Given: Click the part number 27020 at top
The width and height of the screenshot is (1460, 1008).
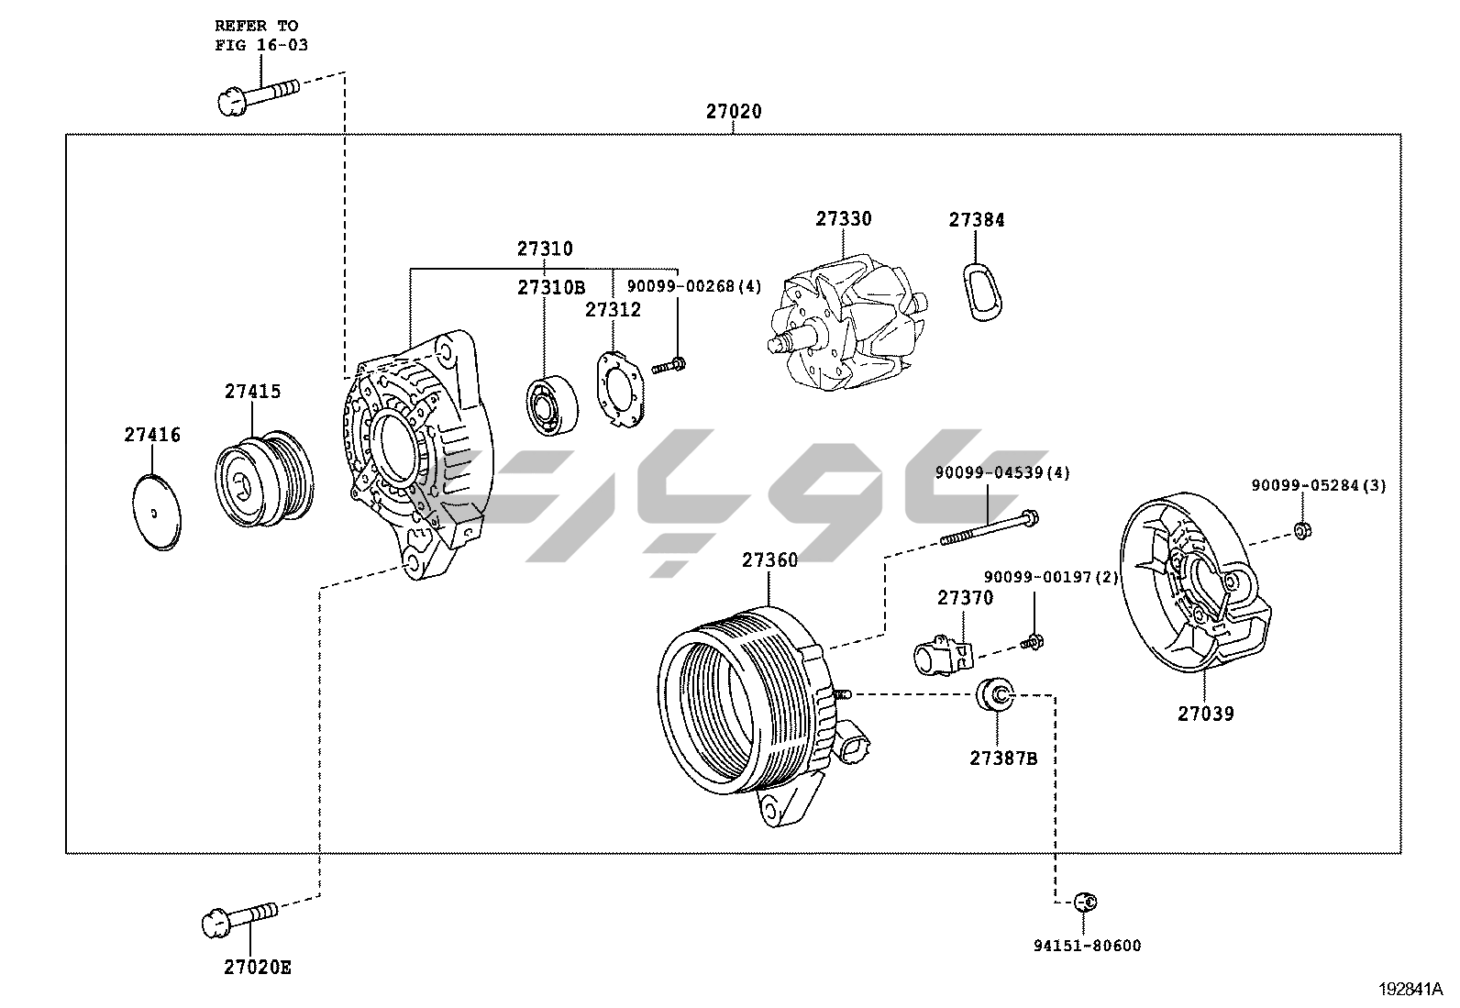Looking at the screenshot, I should tap(733, 112).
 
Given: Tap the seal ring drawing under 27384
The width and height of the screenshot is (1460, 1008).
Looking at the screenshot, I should tap(982, 293).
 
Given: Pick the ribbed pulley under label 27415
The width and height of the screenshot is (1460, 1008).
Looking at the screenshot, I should tap(265, 478).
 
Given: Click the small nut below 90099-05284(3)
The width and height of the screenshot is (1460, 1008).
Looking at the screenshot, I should tap(1302, 529).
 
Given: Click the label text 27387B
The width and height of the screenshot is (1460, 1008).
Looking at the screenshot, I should tap(1003, 759).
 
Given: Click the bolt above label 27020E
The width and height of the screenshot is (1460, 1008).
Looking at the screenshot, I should tap(238, 920).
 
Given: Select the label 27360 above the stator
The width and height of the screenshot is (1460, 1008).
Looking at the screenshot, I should tap(769, 559).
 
